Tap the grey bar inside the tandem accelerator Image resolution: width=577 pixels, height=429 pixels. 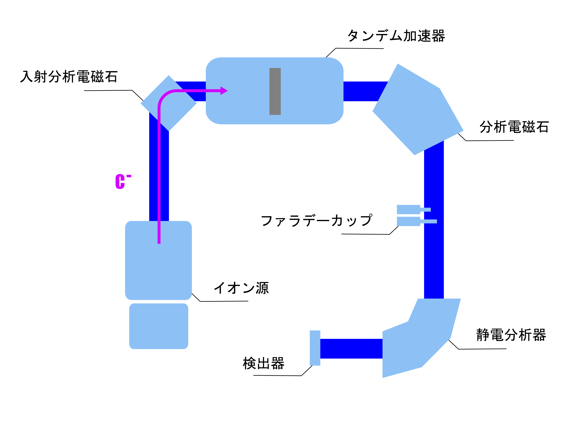coord(275,91)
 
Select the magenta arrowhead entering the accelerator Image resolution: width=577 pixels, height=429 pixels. coord(224,91)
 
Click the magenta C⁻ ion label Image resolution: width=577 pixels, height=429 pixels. coord(123,181)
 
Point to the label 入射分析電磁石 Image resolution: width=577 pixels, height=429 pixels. coord(69,76)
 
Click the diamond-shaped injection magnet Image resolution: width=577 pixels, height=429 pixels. coord(168,103)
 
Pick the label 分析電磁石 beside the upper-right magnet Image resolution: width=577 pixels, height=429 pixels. coord(514,127)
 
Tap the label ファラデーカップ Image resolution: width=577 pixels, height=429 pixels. coord(316,220)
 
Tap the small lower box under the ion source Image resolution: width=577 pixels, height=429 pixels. coord(159,326)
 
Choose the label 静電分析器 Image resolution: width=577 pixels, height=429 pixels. coord(511,335)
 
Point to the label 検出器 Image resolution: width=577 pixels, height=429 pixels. coord(263,363)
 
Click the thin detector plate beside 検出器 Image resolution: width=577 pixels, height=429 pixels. coord(315,348)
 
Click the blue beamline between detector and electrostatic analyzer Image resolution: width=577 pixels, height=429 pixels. coord(351,349)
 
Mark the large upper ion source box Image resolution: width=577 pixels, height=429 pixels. coord(158,260)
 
